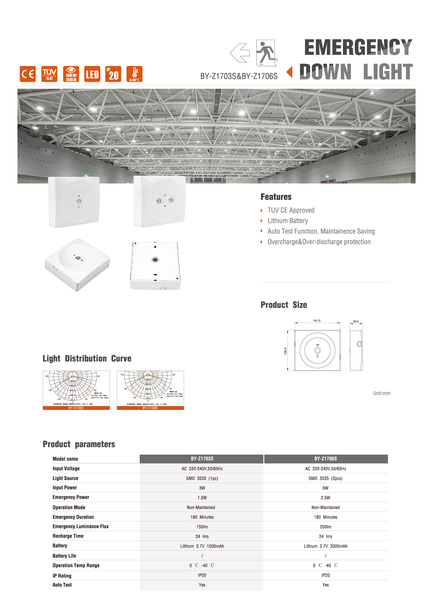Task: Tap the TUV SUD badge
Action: pyautogui.click(x=49, y=74)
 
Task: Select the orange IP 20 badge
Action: pyautogui.click(x=113, y=74)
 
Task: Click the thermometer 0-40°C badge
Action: pyautogui.click(x=134, y=74)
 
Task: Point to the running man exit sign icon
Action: pyautogui.click(x=267, y=53)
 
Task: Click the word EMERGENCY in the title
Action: pyautogui.click(x=358, y=47)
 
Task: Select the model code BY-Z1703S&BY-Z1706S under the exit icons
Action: pyautogui.click(x=239, y=76)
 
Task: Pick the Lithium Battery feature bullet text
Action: pyautogui.click(x=288, y=221)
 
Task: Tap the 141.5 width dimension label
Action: pyautogui.click(x=317, y=321)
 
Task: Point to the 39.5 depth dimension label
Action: pyautogui.click(x=356, y=322)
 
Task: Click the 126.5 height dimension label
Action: pyautogui.click(x=285, y=351)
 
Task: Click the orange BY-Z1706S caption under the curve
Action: pyautogui.click(x=150, y=408)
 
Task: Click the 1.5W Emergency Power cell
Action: pyautogui.click(x=202, y=498)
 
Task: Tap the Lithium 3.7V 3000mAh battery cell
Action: pyautogui.click(x=325, y=546)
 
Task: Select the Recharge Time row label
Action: pyautogui.click(x=68, y=536)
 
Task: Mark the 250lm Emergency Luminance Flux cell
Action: pyautogui.click(x=325, y=527)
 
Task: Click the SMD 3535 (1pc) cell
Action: pyautogui.click(x=202, y=478)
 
